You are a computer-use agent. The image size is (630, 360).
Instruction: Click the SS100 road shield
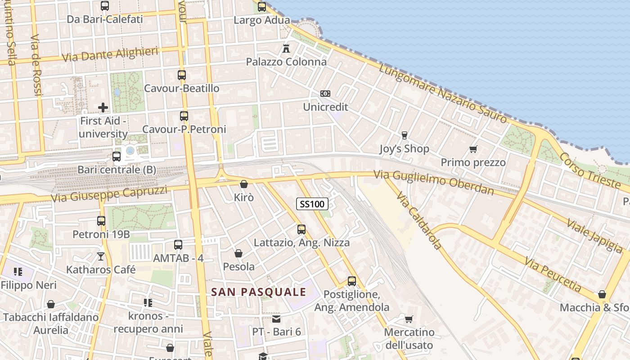[x=312, y=204]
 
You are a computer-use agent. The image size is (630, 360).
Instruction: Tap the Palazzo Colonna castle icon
[x=286, y=48]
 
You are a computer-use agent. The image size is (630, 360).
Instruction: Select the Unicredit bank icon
[x=325, y=94]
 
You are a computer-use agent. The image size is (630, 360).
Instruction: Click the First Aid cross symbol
[x=103, y=107]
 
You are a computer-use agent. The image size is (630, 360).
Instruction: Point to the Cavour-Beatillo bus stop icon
[x=182, y=75]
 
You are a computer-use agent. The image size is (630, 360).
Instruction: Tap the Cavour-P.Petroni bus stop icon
[x=184, y=116]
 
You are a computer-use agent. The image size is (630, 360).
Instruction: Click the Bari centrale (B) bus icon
[x=117, y=157]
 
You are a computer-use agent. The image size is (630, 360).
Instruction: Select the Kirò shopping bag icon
[x=244, y=184]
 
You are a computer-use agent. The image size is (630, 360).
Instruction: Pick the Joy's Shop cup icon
[x=404, y=135]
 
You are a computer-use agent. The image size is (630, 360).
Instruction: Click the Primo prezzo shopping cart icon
[x=473, y=149]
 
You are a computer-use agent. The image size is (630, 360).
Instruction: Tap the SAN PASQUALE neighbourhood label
[x=259, y=292]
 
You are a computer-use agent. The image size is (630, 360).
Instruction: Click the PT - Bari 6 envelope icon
[x=276, y=319]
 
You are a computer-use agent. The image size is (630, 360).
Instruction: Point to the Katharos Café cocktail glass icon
[x=101, y=256]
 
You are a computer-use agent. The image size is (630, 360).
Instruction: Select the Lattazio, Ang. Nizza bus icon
[x=301, y=229]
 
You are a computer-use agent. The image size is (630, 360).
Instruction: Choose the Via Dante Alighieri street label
[x=110, y=54]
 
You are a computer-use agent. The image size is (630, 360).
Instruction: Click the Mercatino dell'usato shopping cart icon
[x=409, y=319]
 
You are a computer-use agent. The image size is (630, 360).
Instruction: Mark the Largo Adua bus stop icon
[x=262, y=7]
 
